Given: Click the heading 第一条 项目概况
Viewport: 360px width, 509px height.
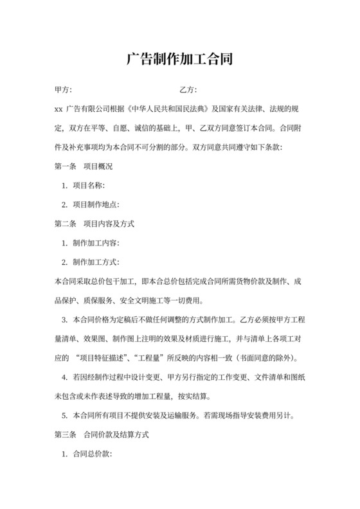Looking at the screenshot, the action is (84, 166).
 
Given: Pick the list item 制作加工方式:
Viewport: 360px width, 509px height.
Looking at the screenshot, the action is (97, 262).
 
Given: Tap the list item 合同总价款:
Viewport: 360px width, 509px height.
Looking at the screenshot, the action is (93, 454).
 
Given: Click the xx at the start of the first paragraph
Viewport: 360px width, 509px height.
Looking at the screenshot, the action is (59, 109).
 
